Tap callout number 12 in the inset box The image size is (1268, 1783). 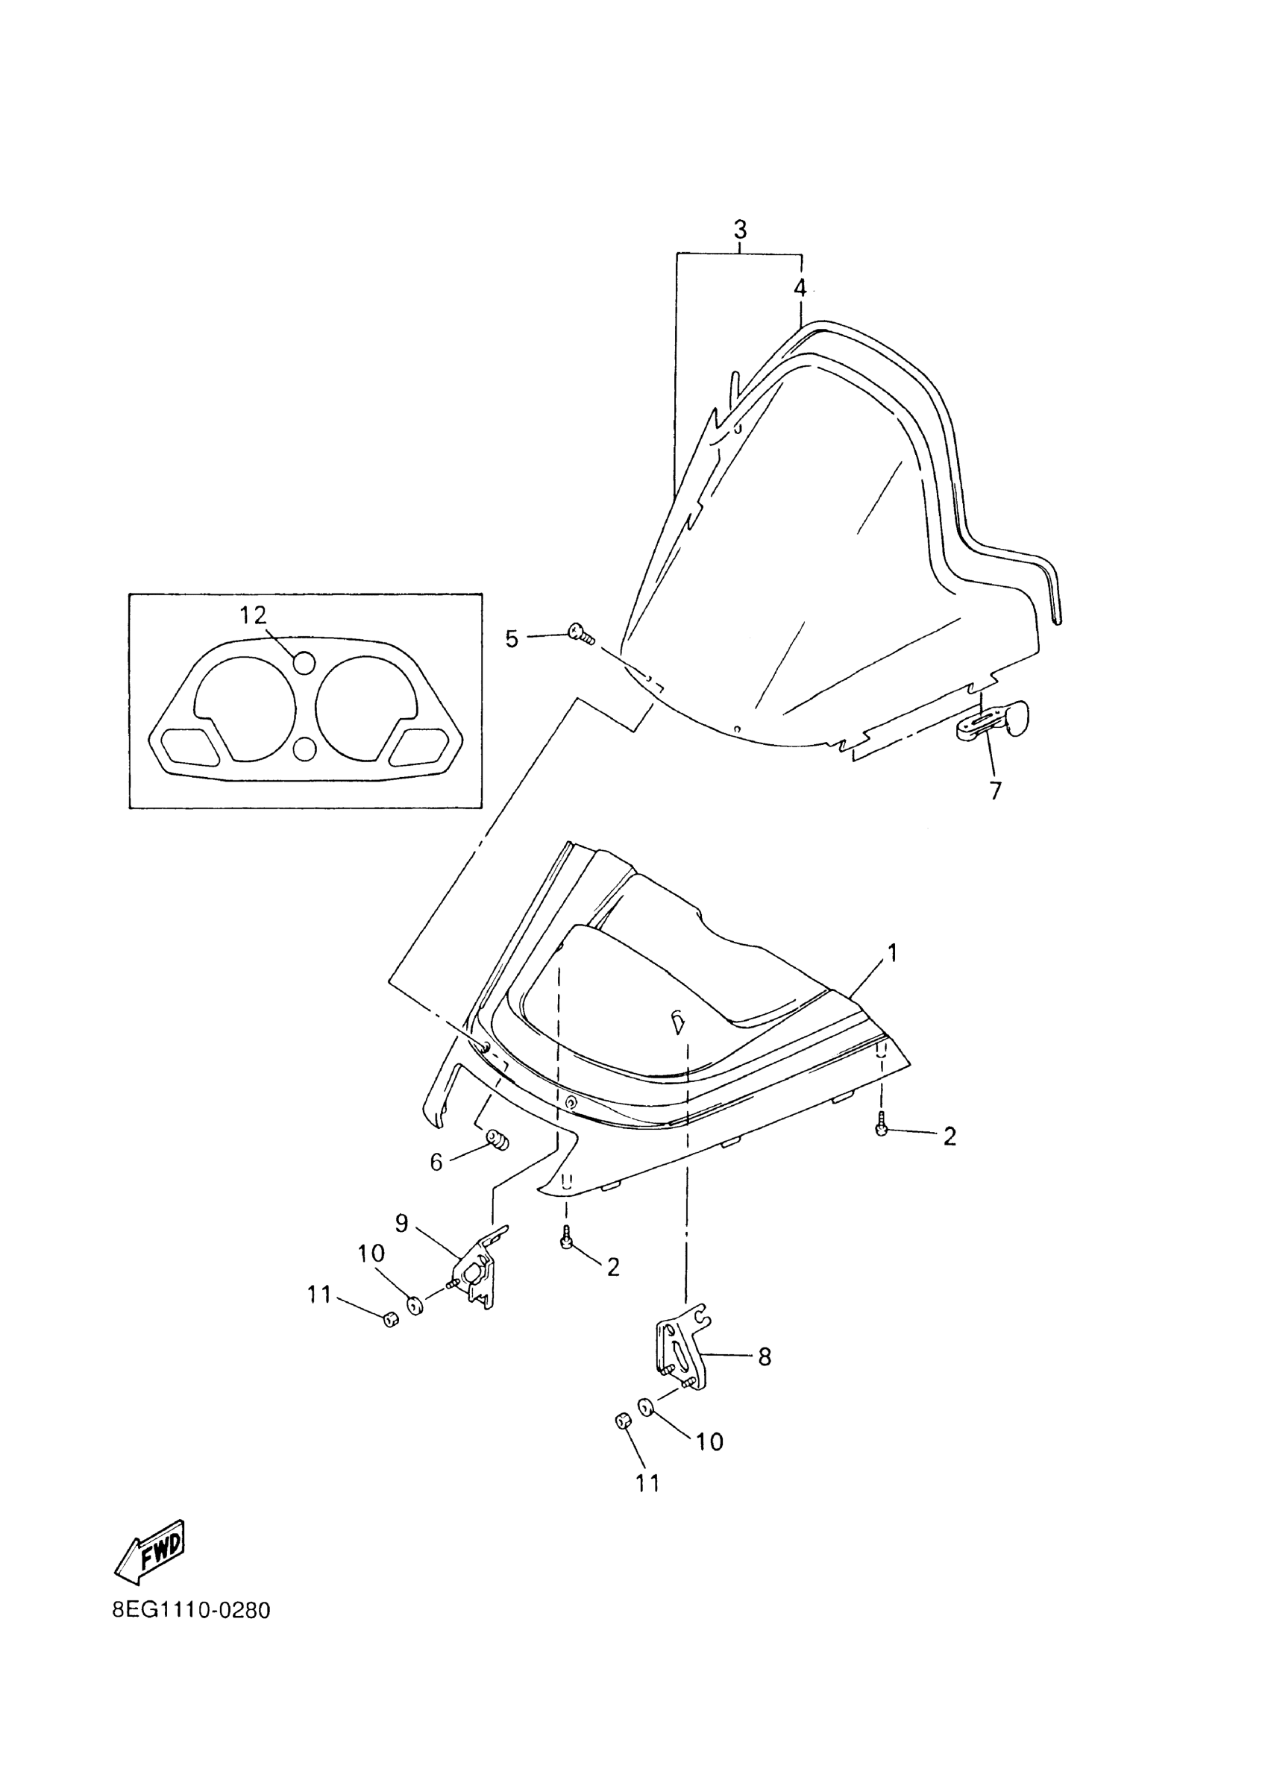point(253,615)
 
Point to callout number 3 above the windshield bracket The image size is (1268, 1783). point(739,230)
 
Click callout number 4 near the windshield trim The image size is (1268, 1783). point(800,288)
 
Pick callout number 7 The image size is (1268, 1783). point(995,790)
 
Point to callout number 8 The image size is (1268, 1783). point(765,1357)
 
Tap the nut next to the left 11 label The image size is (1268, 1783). point(392,1319)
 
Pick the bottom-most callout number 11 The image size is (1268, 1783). point(647,1483)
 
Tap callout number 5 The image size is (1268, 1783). point(512,639)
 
